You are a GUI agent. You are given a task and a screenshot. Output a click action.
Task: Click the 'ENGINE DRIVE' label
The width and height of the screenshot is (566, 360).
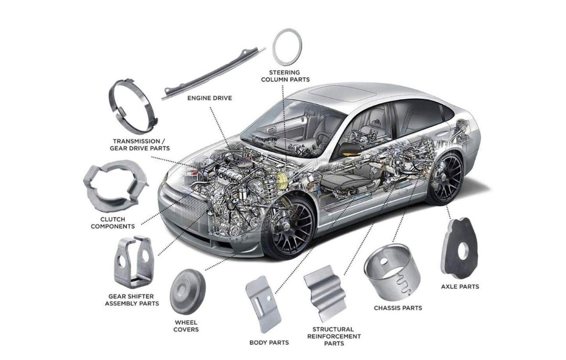point(210,97)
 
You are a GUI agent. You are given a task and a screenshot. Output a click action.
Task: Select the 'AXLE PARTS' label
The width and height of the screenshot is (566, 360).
point(460,287)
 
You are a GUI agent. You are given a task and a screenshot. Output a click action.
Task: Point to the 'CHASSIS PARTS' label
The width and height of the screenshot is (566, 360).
point(398,308)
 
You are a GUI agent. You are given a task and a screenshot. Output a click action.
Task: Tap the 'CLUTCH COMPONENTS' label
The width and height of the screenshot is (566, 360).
point(113,223)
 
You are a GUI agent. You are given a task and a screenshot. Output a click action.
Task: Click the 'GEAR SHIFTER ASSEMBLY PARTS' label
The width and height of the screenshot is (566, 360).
point(132,300)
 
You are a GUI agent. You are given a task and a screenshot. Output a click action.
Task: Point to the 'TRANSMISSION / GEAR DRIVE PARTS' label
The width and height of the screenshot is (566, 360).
point(140,145)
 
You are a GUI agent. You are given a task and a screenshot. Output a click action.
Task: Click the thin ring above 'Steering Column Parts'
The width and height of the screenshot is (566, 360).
point(288,44)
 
